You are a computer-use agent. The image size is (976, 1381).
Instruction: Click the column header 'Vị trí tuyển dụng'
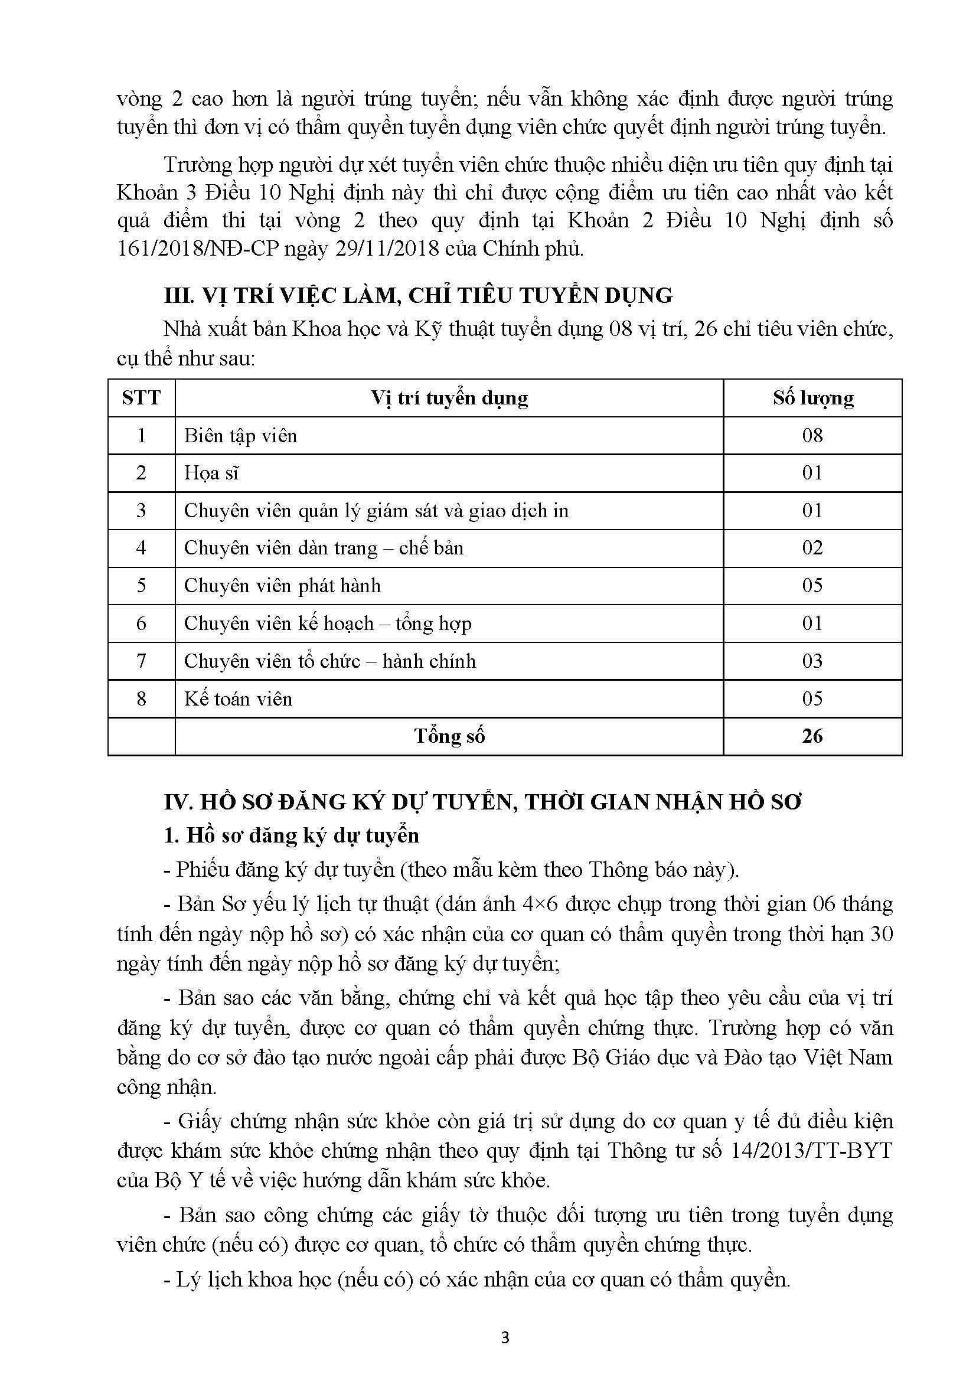coord(449,398)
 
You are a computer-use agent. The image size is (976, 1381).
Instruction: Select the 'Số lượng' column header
coord(813,398)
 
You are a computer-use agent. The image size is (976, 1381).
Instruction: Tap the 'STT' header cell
coord(141,398)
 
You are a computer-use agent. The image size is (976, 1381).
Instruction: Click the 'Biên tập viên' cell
coord(240,436)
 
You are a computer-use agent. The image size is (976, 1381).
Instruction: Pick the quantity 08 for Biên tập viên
coord(812,436)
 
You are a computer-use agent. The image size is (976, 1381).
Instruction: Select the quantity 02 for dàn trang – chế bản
coord(812,548)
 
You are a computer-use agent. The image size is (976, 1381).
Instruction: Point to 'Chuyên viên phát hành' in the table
coord(282,586)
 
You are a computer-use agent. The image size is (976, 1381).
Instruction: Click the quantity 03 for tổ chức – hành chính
coord(812,661)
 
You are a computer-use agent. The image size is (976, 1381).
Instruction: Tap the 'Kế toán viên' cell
coord(238,699)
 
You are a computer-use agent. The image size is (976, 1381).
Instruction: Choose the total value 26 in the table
coord(812,736)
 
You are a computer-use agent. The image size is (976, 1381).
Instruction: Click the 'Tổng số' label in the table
coord(449,736)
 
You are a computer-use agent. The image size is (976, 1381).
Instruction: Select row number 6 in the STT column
coord(141,623)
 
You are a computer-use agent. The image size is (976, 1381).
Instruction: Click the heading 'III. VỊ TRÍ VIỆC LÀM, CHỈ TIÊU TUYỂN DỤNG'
coord(418,296)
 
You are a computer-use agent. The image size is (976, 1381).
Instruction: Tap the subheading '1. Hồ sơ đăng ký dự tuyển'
coord(292,835)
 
